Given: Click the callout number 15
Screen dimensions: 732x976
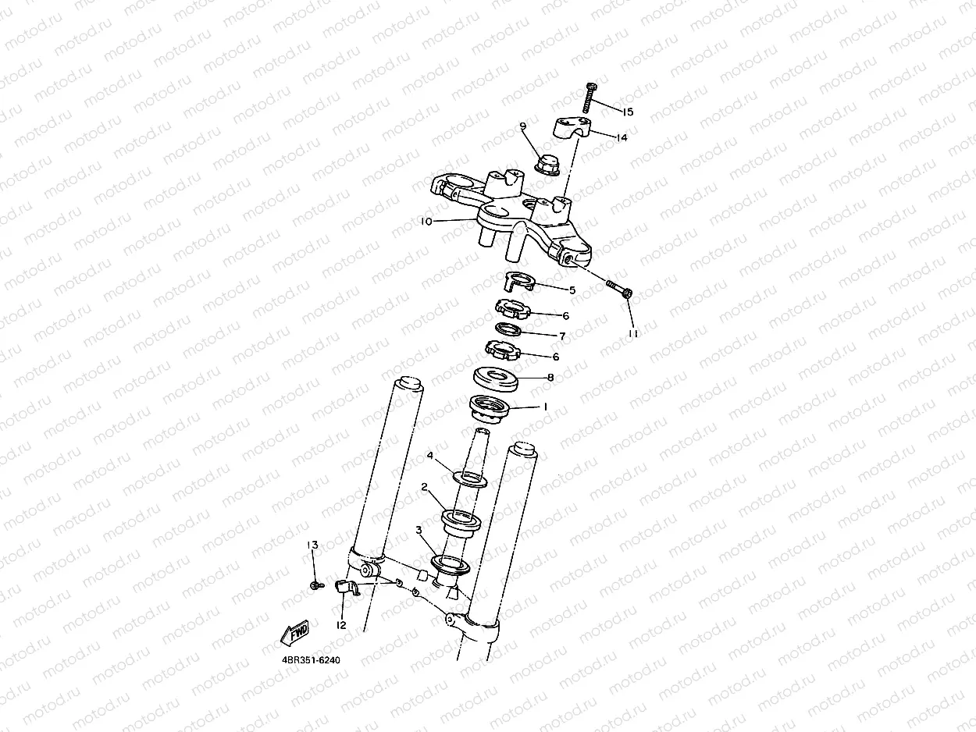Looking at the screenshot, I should pyautogui.click(x=628, y=112).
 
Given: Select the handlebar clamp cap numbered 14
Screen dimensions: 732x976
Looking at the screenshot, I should pyautogui.click(x=573, y=127).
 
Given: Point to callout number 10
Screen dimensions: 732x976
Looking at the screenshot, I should pyautogui.click(x=426, y=222).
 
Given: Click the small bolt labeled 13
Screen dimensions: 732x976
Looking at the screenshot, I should pyautogui.click(x=314, y=585).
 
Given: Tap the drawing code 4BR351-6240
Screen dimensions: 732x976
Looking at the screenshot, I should pyautogui.click(x=311, y=660).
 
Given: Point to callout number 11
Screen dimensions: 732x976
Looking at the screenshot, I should pyautogui.click(x=632, y=333).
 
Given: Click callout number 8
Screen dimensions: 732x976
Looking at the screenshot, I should pyautogui.click(x=550, y=377).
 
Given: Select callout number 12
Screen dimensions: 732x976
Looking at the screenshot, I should pyautogui.click(x=341, y=625).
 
